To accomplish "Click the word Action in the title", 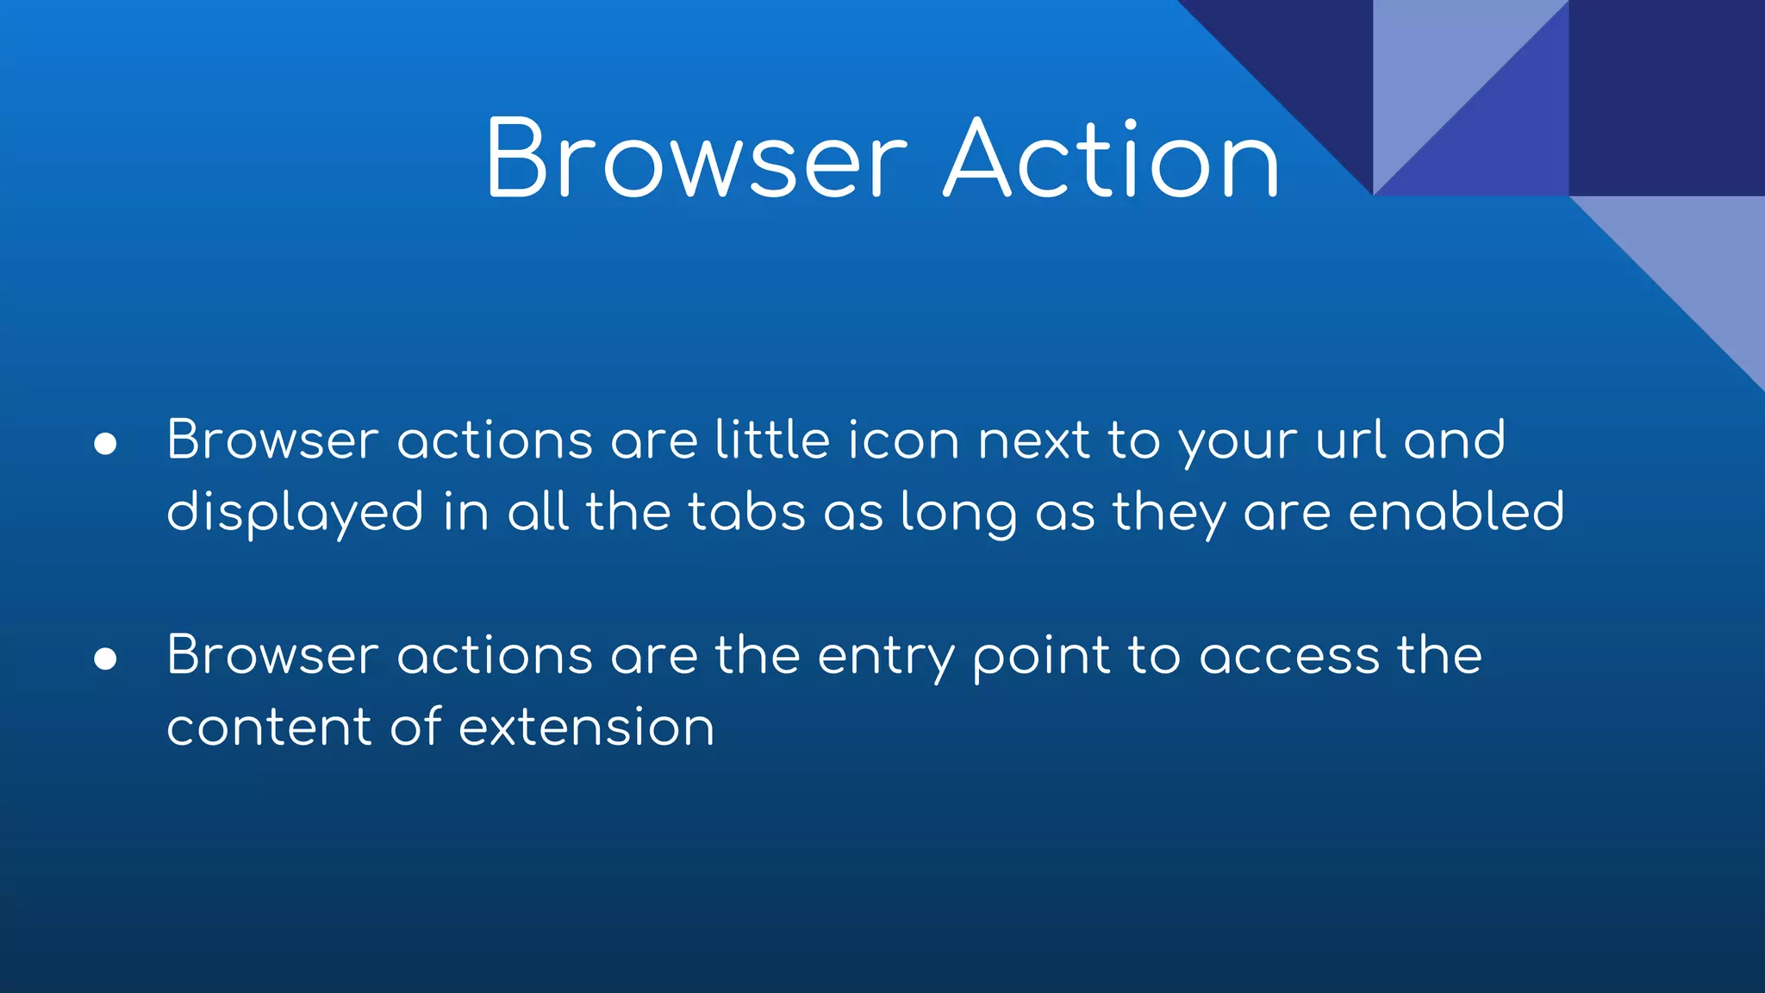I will point(1112,159).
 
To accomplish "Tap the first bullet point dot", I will point(105,443).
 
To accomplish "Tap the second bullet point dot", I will point(105,659).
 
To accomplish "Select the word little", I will point(772,440).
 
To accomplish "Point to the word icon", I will point(903,440).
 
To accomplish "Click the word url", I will point(1350,440).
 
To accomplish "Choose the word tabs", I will point(746,512).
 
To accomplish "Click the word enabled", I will point(1456,511).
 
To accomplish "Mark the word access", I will point(1289,657).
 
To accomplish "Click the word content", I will point(269,728).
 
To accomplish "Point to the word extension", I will point(586,728).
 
